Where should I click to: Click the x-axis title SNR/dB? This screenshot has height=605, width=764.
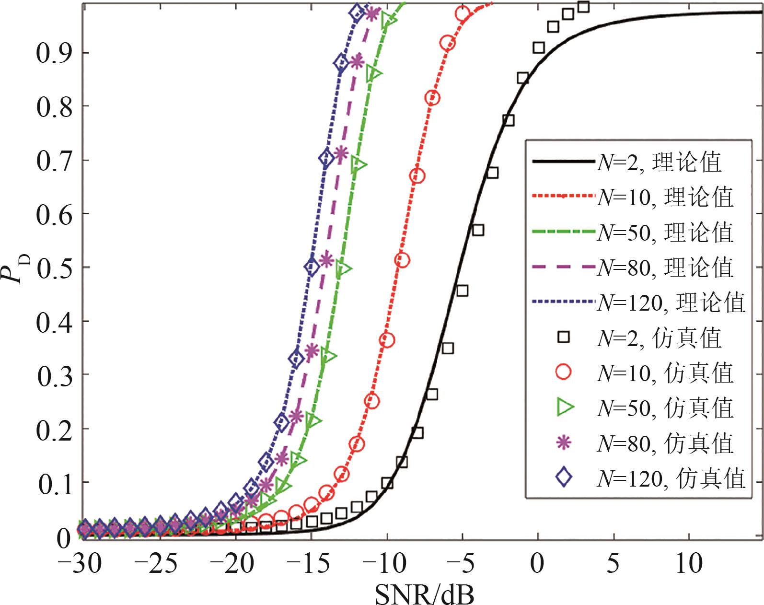pos(424,593)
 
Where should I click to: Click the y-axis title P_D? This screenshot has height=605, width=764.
pos(18,268)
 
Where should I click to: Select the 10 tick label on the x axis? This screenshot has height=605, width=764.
pos(689,564)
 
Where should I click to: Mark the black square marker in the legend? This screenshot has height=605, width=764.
pos(564,337)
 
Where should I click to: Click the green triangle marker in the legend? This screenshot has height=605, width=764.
pos(565,407)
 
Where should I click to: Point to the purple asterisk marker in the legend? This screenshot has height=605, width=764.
pos(564,442)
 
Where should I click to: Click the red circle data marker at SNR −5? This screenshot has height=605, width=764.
pos(463,14)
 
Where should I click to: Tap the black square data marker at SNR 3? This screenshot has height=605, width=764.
pos(583,7)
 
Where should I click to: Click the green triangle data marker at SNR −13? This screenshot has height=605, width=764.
pos(343,268)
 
